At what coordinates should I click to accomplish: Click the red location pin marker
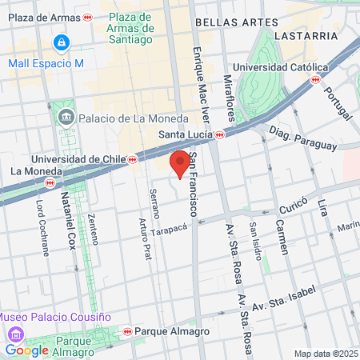point(181,163)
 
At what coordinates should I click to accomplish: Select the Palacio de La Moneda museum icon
point(65,118)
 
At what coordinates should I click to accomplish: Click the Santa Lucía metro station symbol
point(219,134)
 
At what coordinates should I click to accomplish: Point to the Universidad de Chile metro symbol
point(132,159)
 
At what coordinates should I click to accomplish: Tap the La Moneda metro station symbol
point(50,182)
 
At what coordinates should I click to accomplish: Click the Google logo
point(26,350)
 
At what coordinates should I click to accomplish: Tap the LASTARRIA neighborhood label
point(304,36)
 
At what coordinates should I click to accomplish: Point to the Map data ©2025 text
point(326,354)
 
